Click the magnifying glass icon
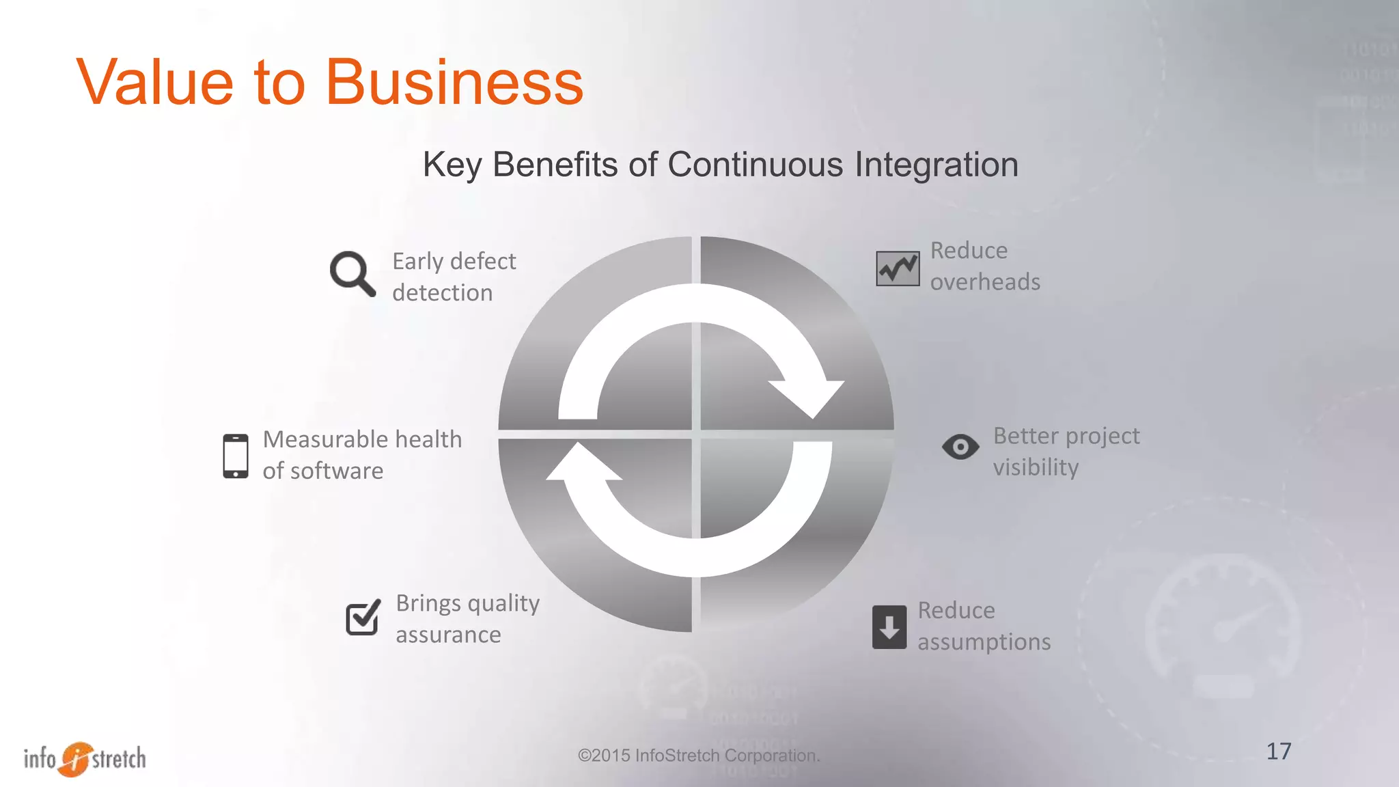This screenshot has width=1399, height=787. pyautogui.click(x=352, y=273)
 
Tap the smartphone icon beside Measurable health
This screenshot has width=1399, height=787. pyautogui.click(x=236, y=456)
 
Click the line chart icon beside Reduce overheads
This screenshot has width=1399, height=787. pyautogui.click(x=898, y=268)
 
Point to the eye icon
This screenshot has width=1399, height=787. pyautogui.click(x=960, y=447)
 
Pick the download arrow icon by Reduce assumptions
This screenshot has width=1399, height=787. pyautogui.click(x=889, y=626)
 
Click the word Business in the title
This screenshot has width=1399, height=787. pyautogui.click(x=454, y=83)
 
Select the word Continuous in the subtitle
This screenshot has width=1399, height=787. pyautogui.click(x=756, y=165)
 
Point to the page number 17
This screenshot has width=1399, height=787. pyautogui.click(x=1279, y=751)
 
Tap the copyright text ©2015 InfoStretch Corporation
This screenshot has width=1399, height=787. pyautogui.click(x=699, y=756)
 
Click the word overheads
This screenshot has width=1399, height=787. pyautogui.click(x=985, y=282)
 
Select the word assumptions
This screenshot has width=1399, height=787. pyautogui.click(x=984, y=642)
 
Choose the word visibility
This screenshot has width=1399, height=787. pyautogui.click(x=1036, y=467)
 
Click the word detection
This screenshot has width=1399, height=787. pyautogui.click(x=442, y=293)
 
